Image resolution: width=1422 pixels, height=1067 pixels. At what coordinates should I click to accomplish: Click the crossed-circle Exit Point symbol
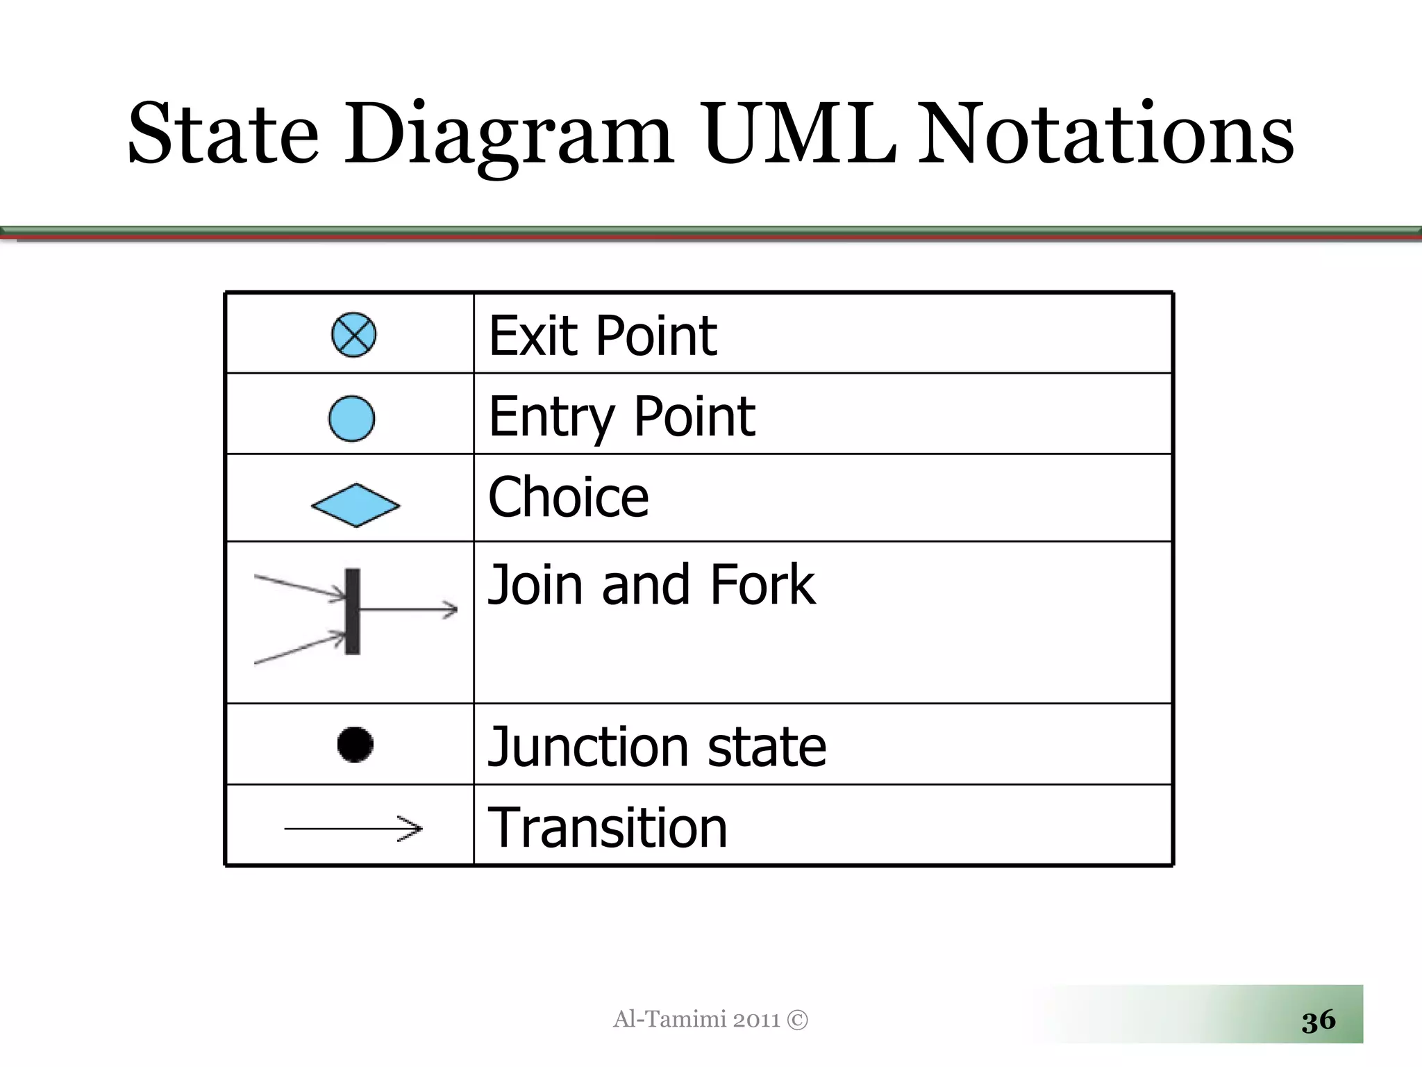[x=354, y=335]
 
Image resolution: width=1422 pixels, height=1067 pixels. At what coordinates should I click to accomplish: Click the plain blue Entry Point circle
[x=351, y=418]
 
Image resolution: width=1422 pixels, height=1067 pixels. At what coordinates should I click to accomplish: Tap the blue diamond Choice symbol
[x=355, y=505]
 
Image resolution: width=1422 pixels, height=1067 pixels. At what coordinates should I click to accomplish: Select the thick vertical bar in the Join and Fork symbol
[x=353, y=611]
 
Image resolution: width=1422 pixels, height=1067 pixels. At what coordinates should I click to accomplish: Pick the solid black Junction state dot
[x=355, y=745]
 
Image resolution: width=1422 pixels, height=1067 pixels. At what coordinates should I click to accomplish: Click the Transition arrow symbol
[x=353, y=828]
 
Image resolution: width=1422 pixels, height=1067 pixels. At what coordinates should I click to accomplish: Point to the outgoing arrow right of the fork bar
[x=410, y=610]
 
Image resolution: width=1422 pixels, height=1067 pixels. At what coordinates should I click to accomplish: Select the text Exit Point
[x=603, y=336]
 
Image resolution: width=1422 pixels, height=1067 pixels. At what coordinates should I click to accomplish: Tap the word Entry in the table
[x=552, y=417]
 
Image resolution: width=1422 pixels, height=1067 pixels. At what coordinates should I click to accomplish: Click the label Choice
[x=569, y=497]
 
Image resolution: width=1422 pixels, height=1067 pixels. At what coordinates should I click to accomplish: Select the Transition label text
[x=608, y=828]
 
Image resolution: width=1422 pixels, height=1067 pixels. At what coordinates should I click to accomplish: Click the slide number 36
[x=1319, y=1020]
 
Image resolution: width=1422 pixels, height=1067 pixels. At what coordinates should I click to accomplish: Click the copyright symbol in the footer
[x=798, y=1020]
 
